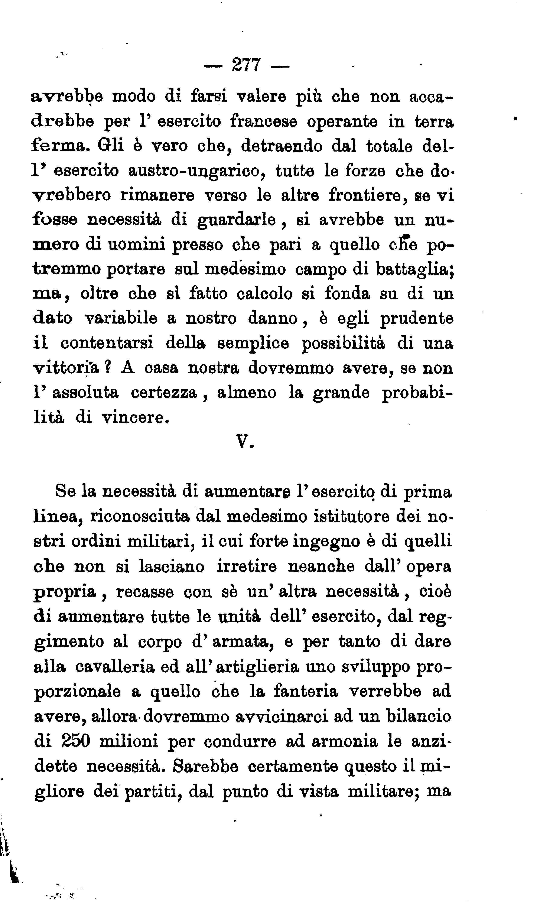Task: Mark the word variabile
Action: [x=121, y=319]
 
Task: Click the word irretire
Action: [x=247, y=566]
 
